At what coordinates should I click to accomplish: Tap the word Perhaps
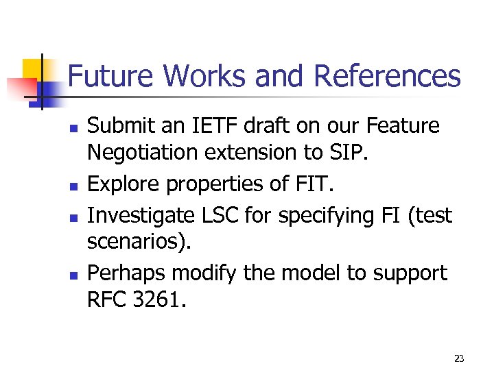tap(127, 273)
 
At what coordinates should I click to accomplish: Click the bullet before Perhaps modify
tap(72, 275)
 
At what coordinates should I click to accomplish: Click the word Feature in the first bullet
tap(404, 126)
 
